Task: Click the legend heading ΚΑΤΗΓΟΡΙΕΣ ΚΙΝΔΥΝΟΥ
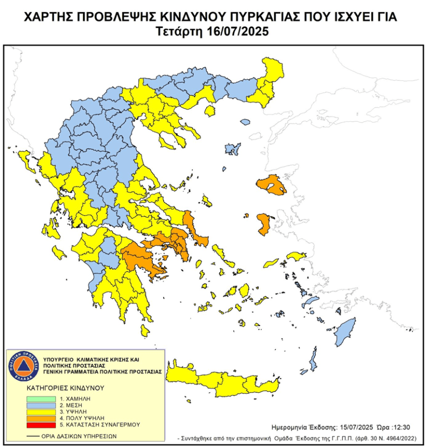(x=65, y=388)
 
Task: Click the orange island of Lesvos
(x=271, y=185)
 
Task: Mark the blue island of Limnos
(x=232, y=149)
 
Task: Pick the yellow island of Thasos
(x=210, y=111)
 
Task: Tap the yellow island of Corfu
(x=24, y=158)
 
